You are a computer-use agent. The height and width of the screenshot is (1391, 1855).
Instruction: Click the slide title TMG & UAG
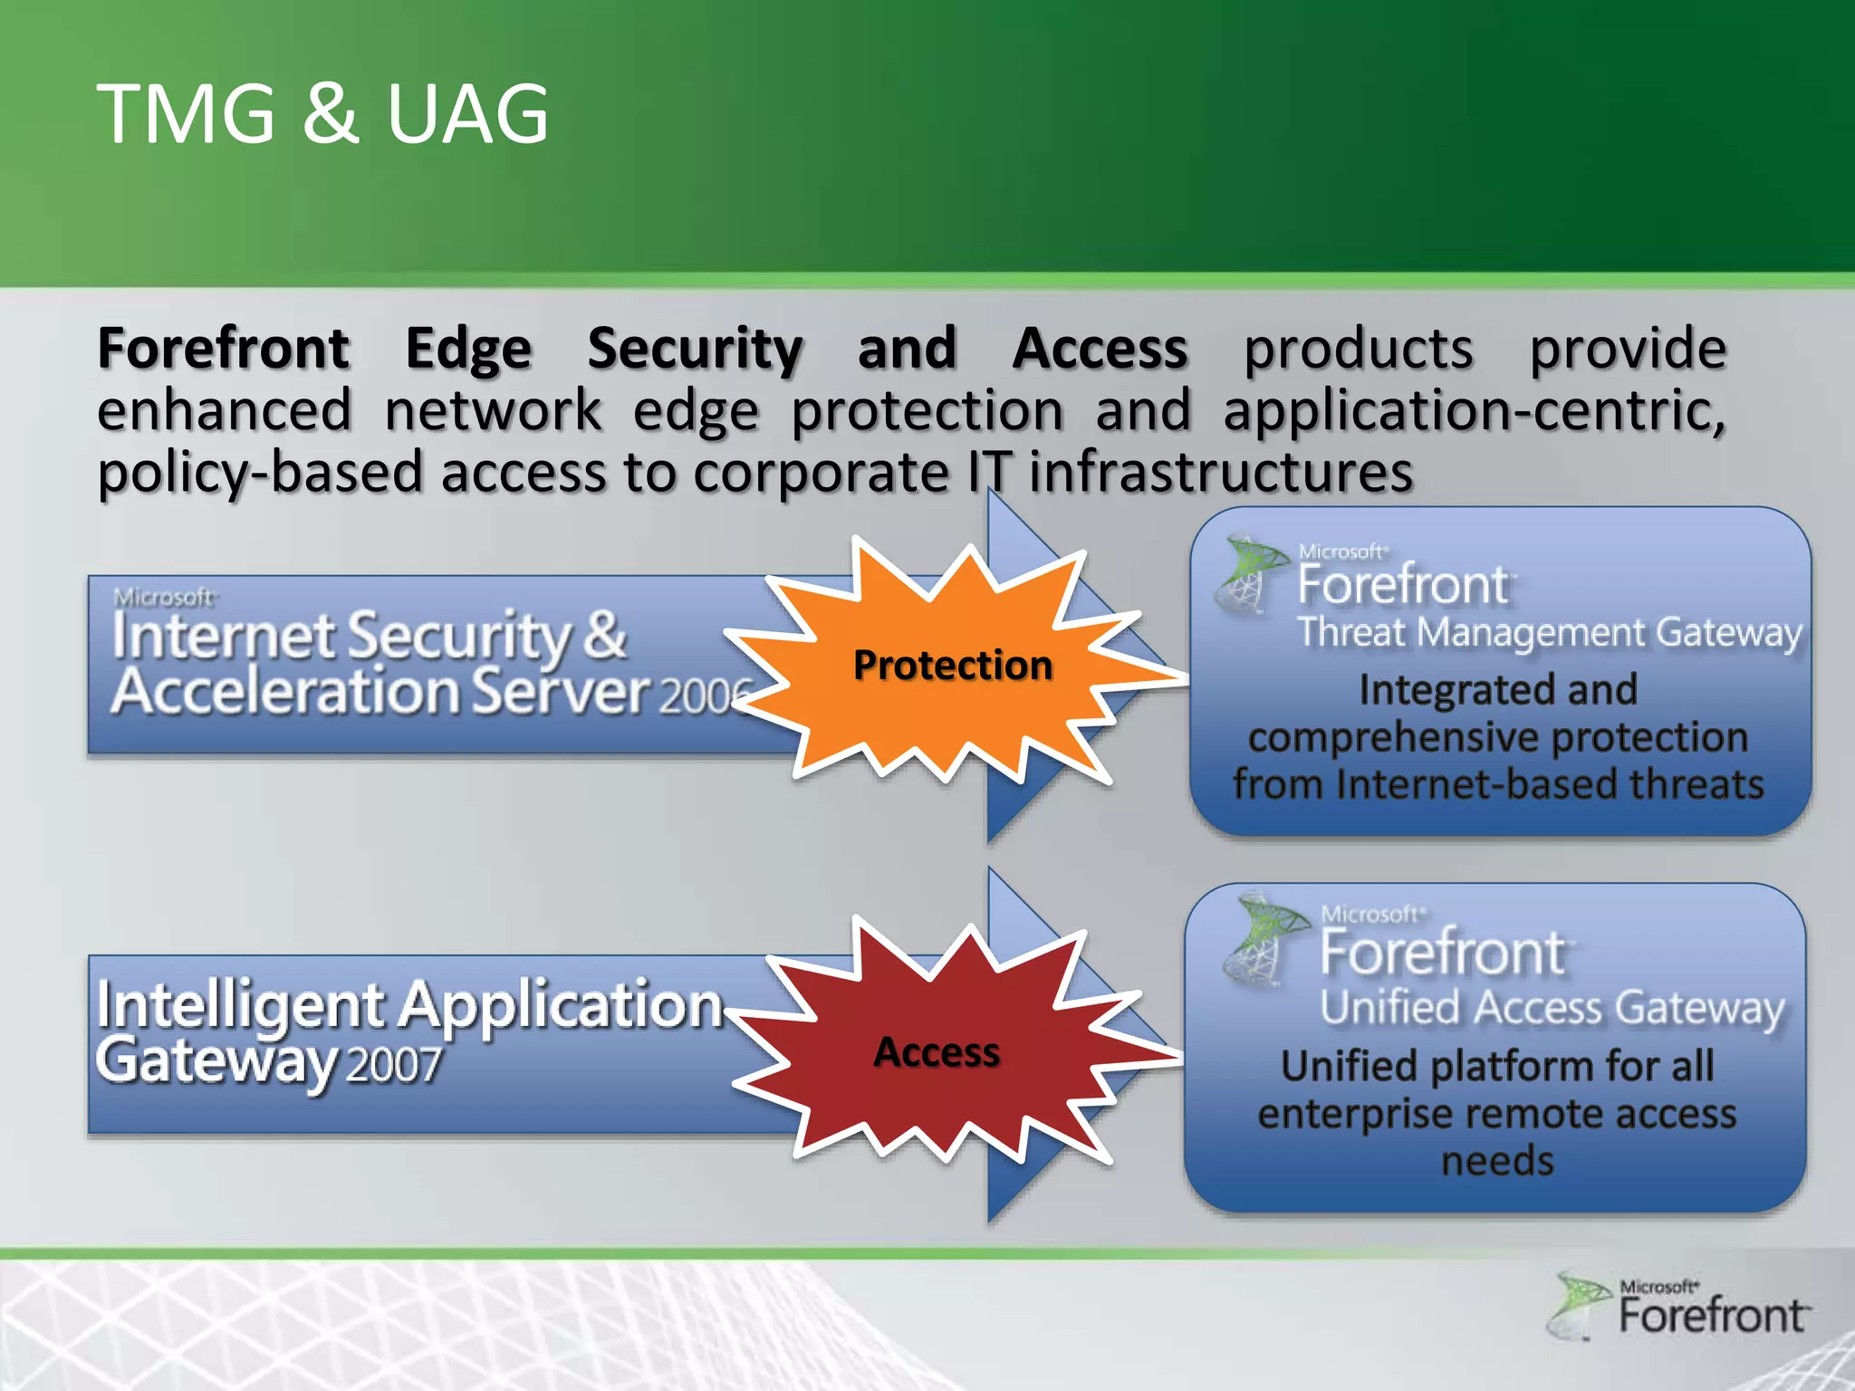(x=322, y=114)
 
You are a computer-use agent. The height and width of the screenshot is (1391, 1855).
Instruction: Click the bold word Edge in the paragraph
(x=467, y=349)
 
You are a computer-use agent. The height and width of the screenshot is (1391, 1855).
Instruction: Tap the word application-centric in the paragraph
(x=1473, y=411)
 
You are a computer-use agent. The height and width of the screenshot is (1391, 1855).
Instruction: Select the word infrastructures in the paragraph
(x=1220, y=473)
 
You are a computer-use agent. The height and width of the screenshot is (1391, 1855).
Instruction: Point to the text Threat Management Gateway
(x=1549, y=632)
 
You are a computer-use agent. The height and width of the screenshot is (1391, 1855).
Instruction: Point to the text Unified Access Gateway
(x=1552, y=1008)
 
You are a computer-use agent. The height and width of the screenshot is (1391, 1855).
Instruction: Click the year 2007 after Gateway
(x=393, y=1065)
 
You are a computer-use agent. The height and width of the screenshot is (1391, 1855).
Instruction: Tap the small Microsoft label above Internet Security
(x=164, y=597)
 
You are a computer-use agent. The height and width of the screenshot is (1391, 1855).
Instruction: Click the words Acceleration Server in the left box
(x=380, y=692)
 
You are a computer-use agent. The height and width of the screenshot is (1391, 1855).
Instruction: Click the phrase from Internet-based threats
(x=1498, y=784)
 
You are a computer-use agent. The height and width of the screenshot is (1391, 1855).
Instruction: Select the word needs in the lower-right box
(x=1496, y=1161)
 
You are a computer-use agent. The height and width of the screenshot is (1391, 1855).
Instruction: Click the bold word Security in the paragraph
(x=695, y=349)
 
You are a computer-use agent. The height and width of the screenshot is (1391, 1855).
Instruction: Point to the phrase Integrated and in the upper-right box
(x=1498, y=690)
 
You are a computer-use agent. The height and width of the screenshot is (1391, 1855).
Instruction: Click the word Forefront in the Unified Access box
(x=1442, y=953)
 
